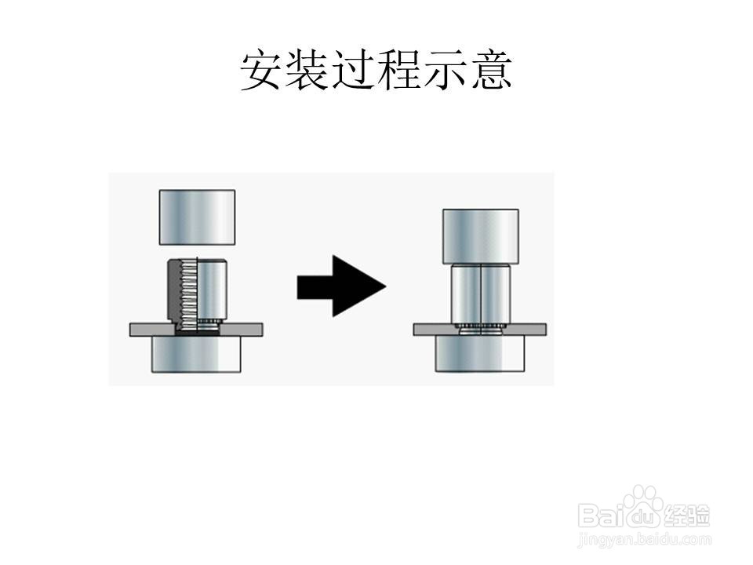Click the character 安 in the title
(x=262, y=71)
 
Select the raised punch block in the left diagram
(x=197, y=217)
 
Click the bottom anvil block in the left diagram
(x=196, y=355)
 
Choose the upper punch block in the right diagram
(x=480, y=235)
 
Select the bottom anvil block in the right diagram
(x=480, y=355)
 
